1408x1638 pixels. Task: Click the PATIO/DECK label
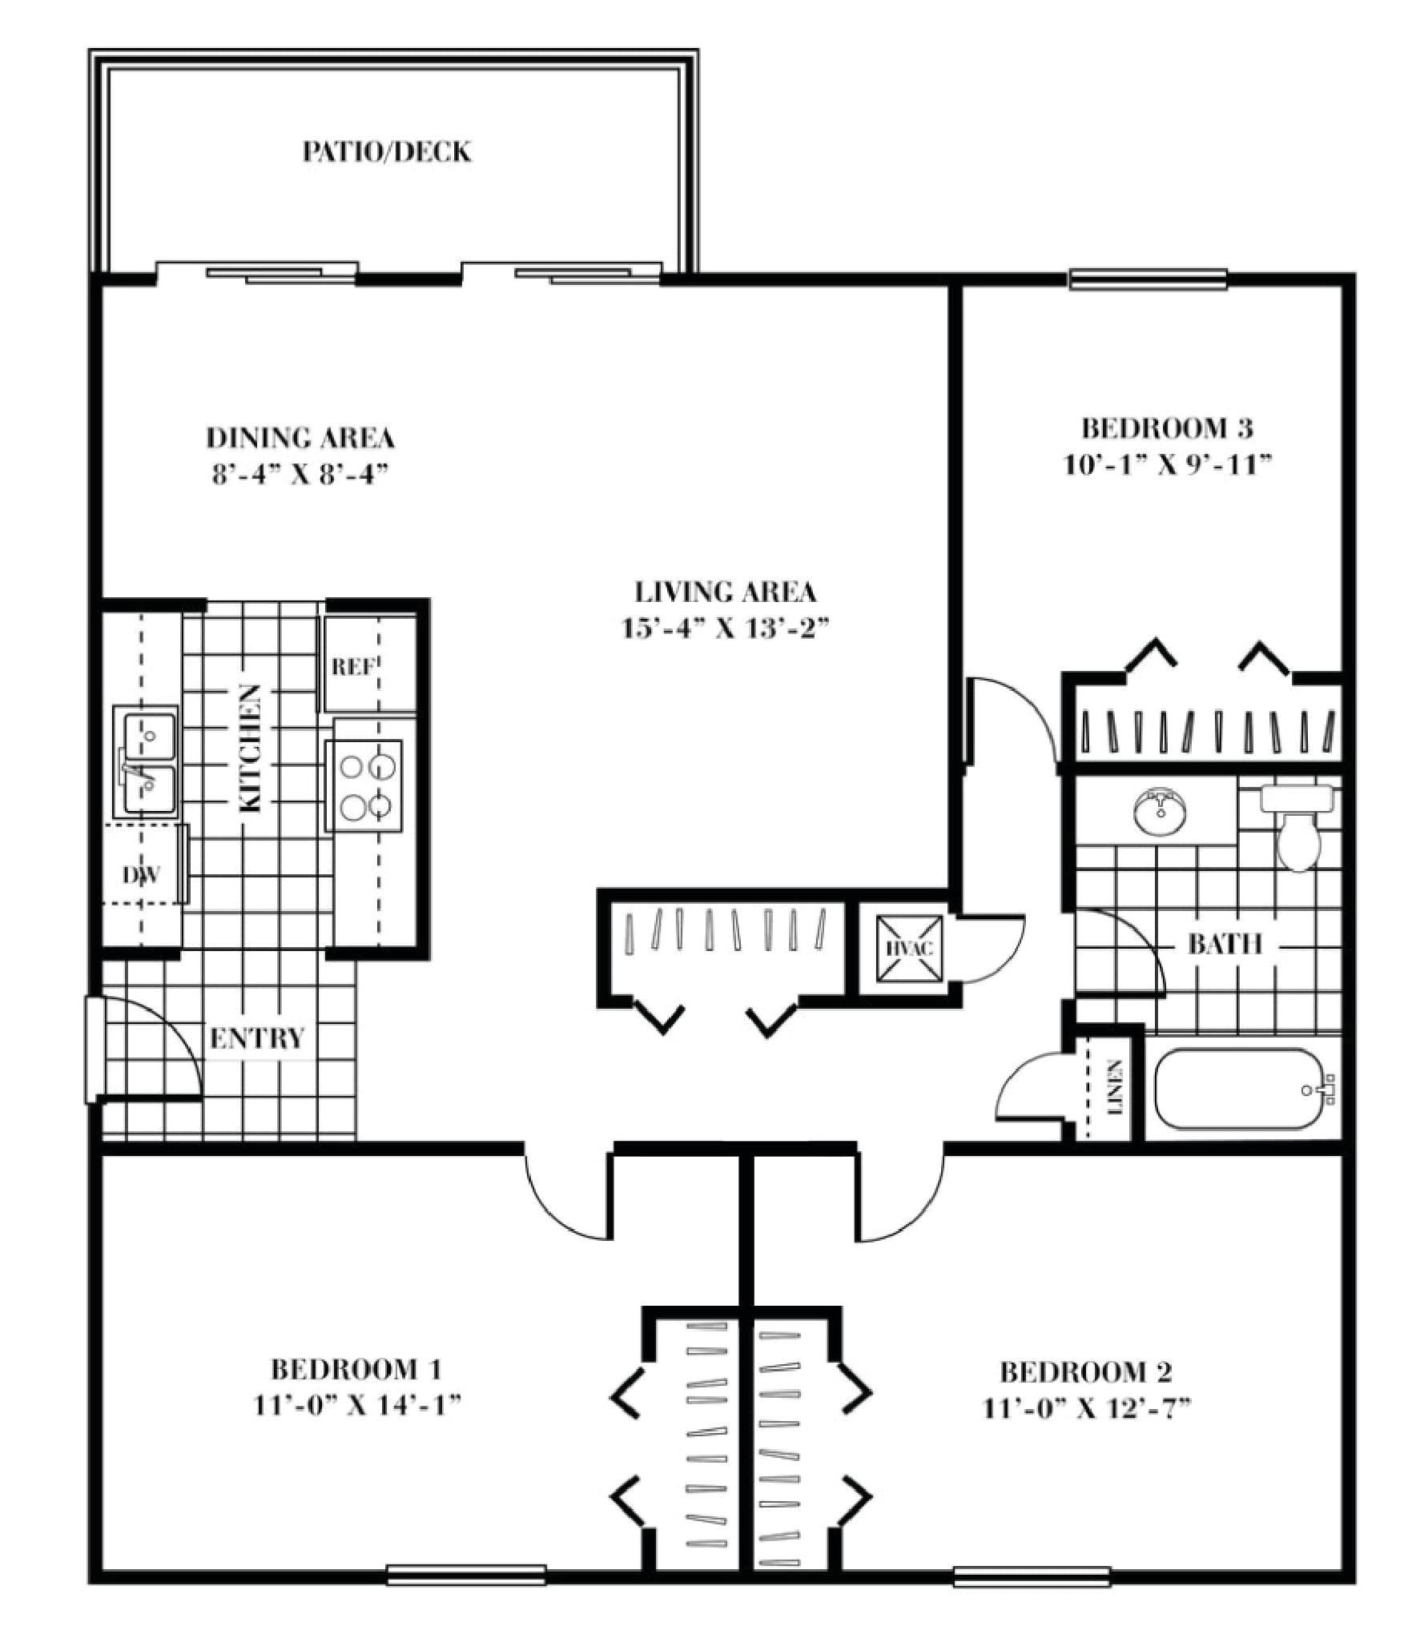(386, 151)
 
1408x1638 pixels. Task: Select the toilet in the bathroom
(1297, 833)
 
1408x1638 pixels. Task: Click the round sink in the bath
(1158, 813)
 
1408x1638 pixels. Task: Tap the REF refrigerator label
(353, 666)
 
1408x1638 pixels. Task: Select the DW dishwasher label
(142, 875)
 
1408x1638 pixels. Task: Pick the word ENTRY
(257, 1039)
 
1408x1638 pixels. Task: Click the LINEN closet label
(1114, 1088)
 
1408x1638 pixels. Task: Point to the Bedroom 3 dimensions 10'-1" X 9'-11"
(1168, 465)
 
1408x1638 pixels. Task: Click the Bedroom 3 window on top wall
(1148, 279)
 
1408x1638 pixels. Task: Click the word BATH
(1225, 945)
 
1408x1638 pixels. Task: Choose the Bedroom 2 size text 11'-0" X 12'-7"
(1086, 1408)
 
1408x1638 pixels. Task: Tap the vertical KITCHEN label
(251, 749)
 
